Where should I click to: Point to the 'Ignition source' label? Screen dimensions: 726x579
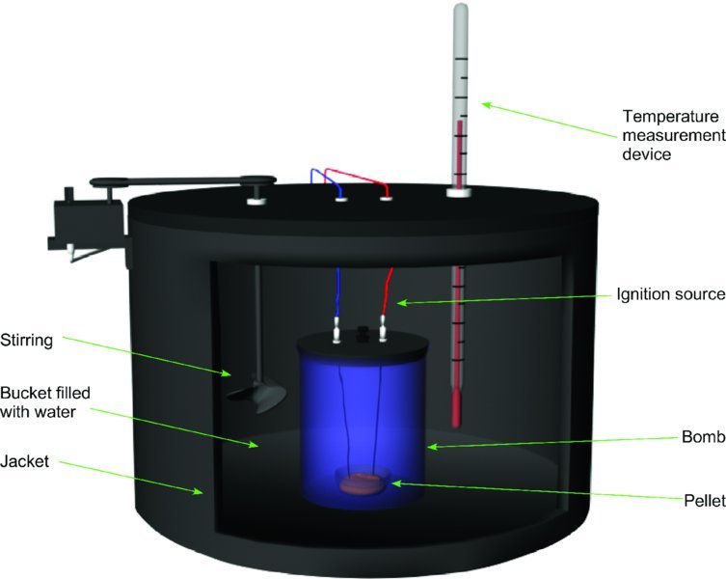click(671, 293)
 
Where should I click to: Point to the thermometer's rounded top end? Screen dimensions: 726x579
click(460, 13)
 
